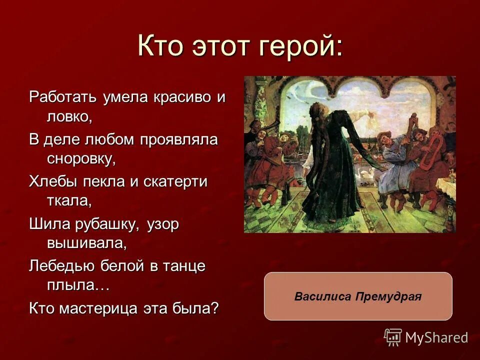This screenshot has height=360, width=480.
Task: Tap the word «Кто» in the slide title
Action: click(x=160, y=47)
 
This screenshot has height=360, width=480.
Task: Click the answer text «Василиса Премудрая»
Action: click(x=358, y=296)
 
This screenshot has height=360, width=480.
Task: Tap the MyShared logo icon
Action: click(x=393, y=337)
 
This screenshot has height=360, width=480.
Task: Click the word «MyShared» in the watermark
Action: click(x=436, y=338)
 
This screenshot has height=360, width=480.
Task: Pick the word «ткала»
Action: click(x=69, y=201)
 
